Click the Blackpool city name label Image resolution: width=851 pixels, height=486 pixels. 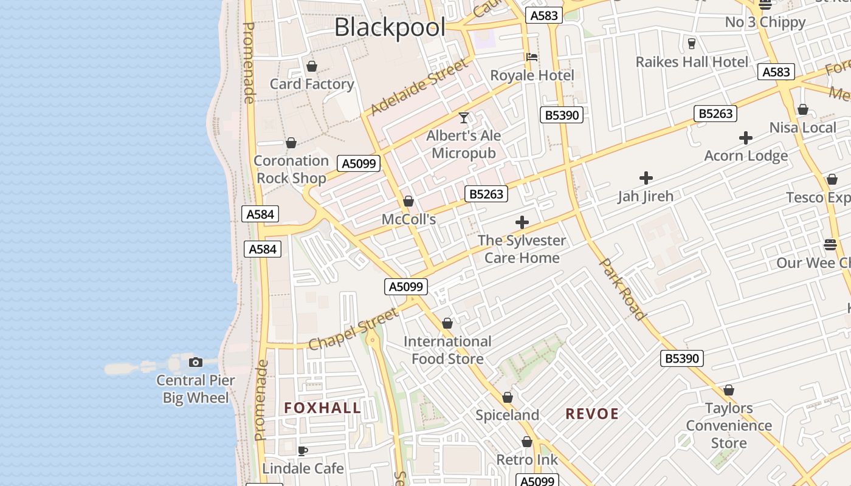pyautogui.click(x=390, y=27)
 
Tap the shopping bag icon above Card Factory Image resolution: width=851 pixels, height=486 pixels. pyautogui.click(x=312, y=66)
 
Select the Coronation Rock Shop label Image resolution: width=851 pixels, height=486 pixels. pyautogui.click(x=291, y=169)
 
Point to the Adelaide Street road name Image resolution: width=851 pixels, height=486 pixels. pyautogui.click(x=419, y=87)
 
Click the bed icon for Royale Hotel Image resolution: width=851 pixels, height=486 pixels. pyautogui.click(x=532, y=57)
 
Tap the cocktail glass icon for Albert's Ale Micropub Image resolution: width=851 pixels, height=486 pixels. pyautogui.click(x=464, y=117)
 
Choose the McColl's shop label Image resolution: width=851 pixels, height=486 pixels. pyautogui.click(x=408, y=219)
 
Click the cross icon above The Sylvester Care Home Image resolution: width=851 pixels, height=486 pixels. pyautogui.click(x=522, y=222)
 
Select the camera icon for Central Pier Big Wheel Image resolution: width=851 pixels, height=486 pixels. pyautogui.click(x=195, y=363)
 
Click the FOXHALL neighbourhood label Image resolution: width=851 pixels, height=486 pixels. pyautogui.click(x=323, y=408)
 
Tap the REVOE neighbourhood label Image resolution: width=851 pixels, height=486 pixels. pyautogui.click(x=592, y=414)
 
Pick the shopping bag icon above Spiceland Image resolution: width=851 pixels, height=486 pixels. pyautogui.click(x=508, y=397)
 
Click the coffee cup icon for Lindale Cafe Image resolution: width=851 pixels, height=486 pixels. pyautogui.click(x=302, y=451)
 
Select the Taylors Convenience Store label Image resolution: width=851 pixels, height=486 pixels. pyautogui.click(x=729, y=426)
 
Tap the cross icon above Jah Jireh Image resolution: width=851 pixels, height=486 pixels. pyautogui.click(x=646, y=178)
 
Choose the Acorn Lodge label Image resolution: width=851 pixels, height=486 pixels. pyautogui.click(x=746, y=156)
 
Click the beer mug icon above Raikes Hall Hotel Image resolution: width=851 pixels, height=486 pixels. pyautogui.click(x=691, y=44)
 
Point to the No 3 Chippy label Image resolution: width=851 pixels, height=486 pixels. pyautogui.click(x=765, y=22)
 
